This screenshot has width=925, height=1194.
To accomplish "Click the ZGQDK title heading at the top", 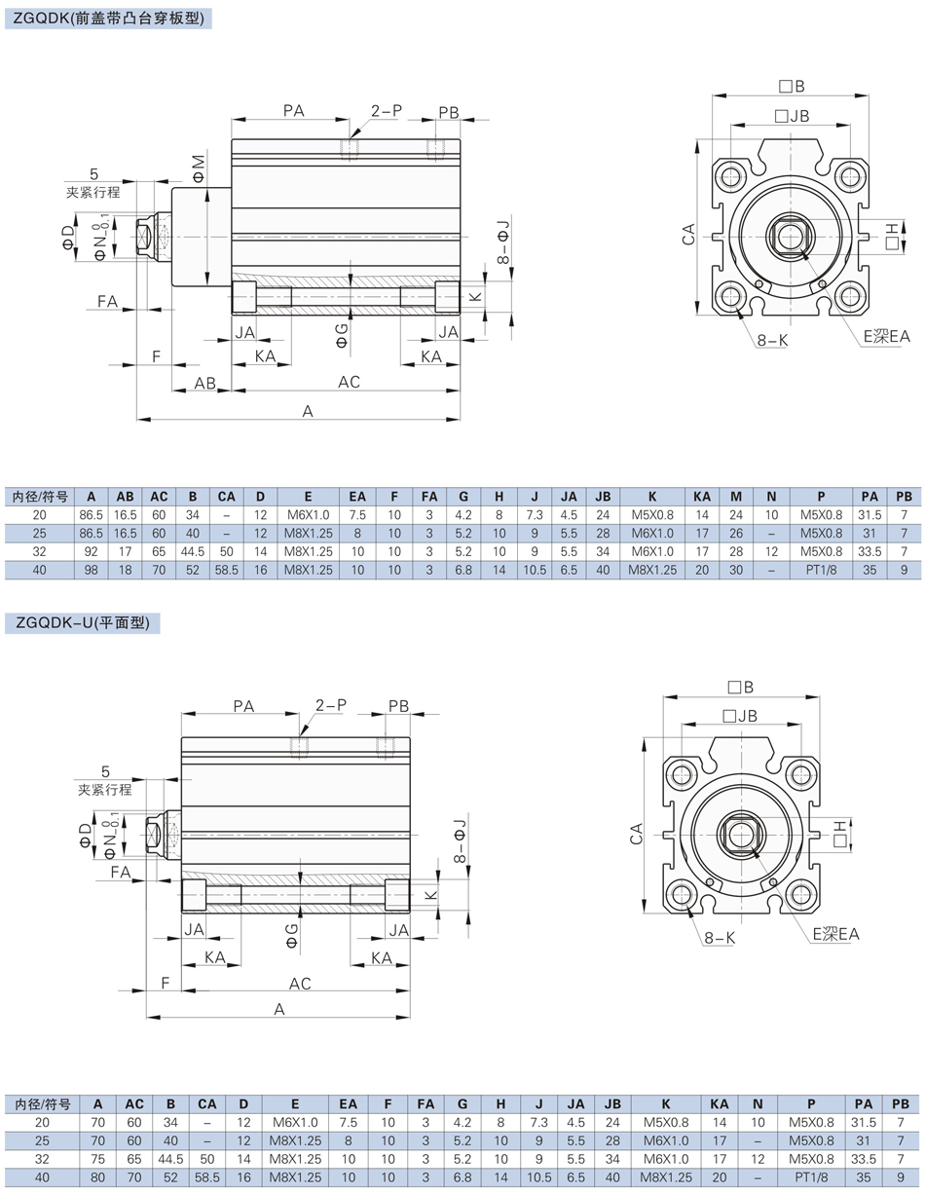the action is tap(108, 19).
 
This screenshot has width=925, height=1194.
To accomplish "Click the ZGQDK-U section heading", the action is tap(83, 623).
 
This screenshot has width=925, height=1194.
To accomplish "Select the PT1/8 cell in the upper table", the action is tap(821, 571).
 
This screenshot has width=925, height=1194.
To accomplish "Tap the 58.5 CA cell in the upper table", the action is tap(226, 571).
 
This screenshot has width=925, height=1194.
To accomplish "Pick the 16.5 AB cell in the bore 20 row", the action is tap(126, 515).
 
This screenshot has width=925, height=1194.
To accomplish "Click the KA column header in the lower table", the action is tap(719, 1103).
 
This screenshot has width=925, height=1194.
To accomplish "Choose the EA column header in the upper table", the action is tap(357, 497).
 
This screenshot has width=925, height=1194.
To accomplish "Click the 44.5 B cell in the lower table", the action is tap(170, 1159).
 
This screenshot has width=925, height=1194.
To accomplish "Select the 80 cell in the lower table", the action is tap(97, 1177).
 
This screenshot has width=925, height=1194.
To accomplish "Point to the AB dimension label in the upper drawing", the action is tap(204, 383).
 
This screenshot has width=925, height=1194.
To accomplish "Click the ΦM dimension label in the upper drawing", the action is tap(198, 169).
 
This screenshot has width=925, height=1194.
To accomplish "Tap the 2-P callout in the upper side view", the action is tap(387, 111).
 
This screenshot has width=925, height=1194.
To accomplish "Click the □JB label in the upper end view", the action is tap(792, 116).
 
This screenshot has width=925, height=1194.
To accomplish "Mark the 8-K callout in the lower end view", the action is tap(720, 938).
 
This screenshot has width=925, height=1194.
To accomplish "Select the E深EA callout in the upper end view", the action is tap(887, 336).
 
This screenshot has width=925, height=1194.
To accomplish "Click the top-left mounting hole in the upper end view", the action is tap(730, 176).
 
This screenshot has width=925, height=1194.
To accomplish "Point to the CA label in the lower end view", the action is tap(636, 834).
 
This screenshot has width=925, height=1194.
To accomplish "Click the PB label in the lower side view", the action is tap(398, 706).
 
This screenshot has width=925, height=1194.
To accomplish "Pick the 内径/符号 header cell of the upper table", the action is tap(40, 497).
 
